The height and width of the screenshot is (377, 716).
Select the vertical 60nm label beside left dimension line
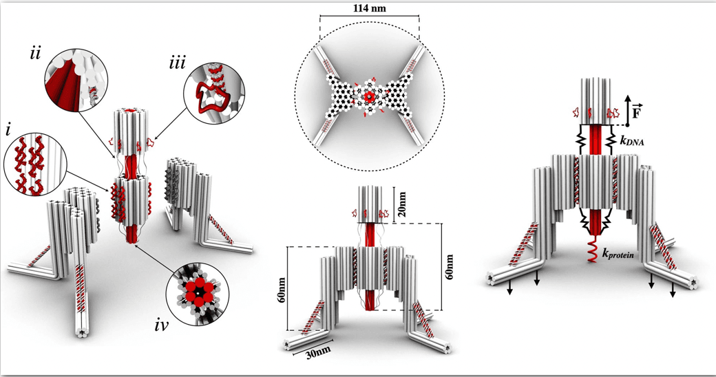click(x=282, y=289)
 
